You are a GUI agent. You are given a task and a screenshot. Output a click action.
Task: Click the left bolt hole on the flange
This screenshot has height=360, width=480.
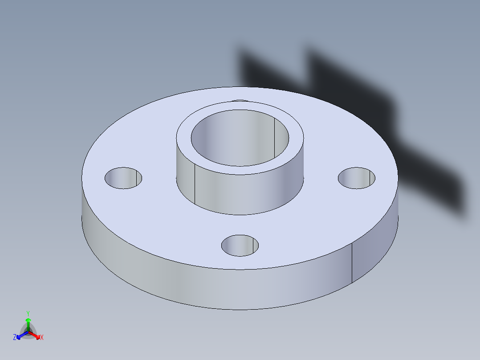click(123, 178)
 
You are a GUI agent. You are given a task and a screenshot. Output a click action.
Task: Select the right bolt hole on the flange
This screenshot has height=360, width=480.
click(356, 178)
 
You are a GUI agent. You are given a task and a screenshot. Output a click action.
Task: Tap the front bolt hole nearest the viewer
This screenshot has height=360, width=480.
click(240, 245)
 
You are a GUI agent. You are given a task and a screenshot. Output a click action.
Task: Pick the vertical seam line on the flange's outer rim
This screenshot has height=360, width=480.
click(352, 263)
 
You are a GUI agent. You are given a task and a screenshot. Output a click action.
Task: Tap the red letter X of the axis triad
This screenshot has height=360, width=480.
click(42, 338)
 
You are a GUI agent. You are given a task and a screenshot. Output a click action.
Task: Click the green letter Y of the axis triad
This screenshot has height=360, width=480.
click(28, 313)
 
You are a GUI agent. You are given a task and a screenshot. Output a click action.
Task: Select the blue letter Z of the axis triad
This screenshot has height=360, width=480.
click(15, 338)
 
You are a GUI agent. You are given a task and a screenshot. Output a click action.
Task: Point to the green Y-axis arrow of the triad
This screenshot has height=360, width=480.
click(28, 323)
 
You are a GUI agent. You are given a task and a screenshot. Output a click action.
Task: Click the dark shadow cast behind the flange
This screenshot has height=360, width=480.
click(401, 134)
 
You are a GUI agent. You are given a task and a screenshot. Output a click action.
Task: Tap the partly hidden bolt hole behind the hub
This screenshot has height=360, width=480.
click(240, 101)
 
